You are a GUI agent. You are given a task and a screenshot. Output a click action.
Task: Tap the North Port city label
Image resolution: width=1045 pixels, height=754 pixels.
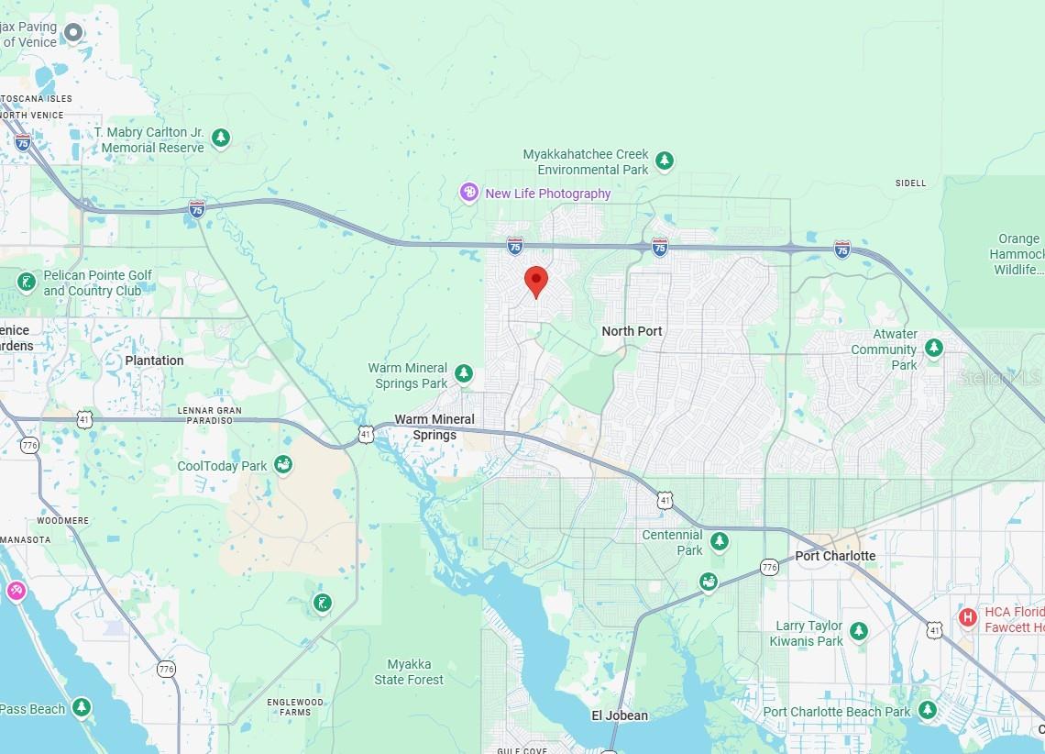click(632, 331)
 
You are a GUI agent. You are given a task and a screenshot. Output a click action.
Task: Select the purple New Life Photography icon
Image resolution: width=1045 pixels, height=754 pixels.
click(469, 193)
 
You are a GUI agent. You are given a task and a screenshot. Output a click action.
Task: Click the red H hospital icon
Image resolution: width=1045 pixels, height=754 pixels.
click(967, 617)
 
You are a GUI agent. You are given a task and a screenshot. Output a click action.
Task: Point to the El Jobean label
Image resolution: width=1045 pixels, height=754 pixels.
click(619, 715)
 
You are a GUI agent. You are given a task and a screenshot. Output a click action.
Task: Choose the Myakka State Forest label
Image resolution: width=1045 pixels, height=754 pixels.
click(409, 672)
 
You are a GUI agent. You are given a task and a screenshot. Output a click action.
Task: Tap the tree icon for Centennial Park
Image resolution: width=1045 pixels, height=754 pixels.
click(720, 541)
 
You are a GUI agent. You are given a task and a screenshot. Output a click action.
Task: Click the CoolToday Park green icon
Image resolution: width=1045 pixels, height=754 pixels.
click(283, 465)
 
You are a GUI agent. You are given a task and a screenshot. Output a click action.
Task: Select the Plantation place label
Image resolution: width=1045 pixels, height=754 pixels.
click(154, 360)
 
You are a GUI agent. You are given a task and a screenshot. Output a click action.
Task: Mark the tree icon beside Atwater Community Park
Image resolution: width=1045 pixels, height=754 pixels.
click(933, 348)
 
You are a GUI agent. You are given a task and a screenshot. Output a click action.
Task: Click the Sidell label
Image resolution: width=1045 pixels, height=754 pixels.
click(910, 183)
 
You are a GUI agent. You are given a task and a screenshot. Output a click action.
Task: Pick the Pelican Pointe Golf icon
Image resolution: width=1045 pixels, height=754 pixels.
click(26, 282)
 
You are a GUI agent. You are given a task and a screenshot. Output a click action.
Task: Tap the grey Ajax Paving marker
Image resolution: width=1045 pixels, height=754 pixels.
click(72, 34)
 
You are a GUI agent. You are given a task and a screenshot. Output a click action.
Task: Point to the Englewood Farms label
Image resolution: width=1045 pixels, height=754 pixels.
click(295, 707)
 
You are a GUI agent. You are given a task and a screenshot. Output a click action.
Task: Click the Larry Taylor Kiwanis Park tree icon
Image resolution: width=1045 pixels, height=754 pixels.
click(859, 631)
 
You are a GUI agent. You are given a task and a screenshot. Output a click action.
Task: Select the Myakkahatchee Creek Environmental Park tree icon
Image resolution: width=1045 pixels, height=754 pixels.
click(665, 161)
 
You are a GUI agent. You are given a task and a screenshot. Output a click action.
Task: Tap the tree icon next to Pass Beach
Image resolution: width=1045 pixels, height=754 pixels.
click(82, 707)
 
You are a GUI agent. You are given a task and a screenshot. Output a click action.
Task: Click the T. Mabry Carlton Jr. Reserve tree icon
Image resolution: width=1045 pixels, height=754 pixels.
click(220, 139)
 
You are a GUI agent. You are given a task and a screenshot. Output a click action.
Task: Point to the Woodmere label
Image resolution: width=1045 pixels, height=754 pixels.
click(63, 520)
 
